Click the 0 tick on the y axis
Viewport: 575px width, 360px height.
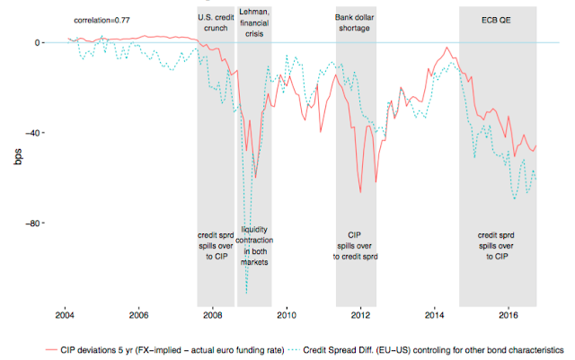pyautogui.click(x=39, y=42)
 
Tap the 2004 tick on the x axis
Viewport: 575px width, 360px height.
pyautogui.click(x=65, y=315)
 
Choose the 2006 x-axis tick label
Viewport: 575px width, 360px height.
pyautogui.click(x=138, y=315)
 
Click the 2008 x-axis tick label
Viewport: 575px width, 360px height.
pyautogui.click(x=213, y=315)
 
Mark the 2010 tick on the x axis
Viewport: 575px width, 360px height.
pyautogui.click(x=287, y=315)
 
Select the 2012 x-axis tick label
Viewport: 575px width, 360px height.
pyautogui.click(x=360, y=315)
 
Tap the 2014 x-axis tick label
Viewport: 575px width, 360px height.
pyautogui.click(x=435, y=315)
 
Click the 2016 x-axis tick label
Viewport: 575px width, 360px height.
pyautogui.click(x=509, y=315)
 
